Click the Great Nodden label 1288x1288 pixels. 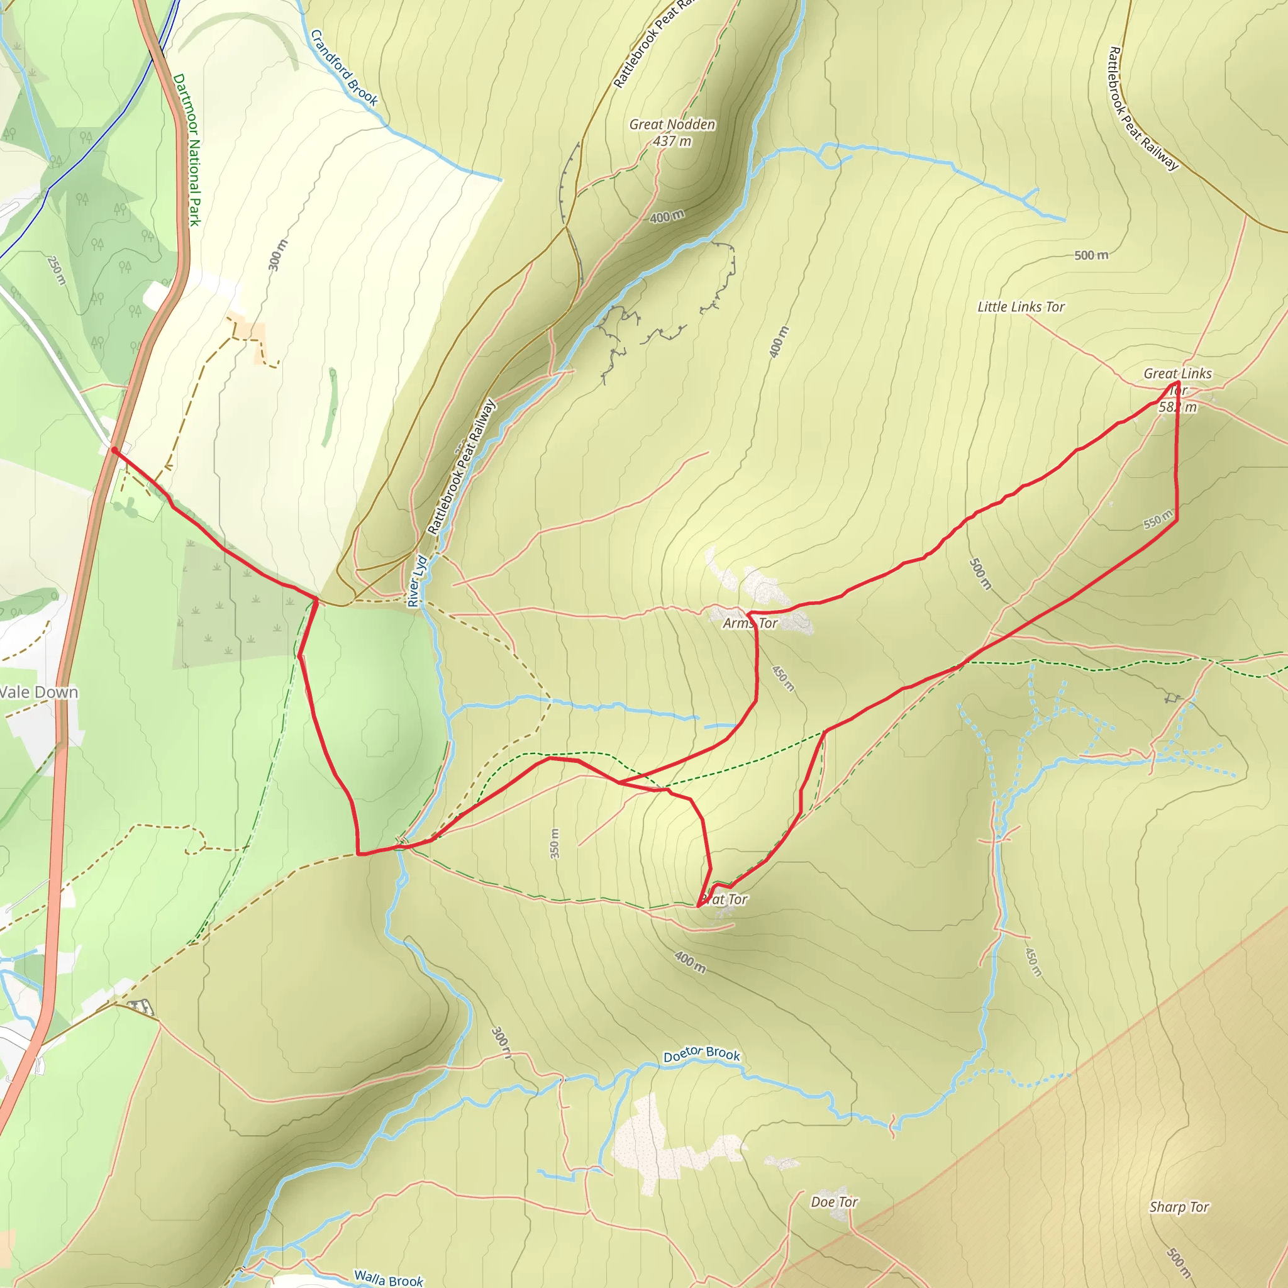pyautogui.click(x=672, y=125)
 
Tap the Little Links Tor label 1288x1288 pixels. pyautogui.click(x=1021, y=307)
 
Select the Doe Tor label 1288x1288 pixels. pyautogui.click(x=834, y=1202)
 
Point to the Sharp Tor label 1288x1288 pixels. pyautogui.click(x=1179, y=1207)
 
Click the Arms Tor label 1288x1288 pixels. pyautogui.click(x=751, y=623)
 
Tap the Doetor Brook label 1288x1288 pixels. pyautogui.click(x=701, y=1054)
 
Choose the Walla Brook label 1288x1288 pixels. pyautogui.click(x=389, y=1278)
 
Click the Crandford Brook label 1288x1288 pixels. pyautogui.click(x=344, y=68)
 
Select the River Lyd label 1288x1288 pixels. pyautogui.click(x=417, y=581)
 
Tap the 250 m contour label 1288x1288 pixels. pyautogui.click(x=57, y=270)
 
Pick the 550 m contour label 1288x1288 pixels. pyautogui.click(x=1158, y=519)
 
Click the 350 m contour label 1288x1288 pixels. pyautogui.click(x=555, y=844)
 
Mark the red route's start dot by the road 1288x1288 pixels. pyautogui.click(x=114, y=451)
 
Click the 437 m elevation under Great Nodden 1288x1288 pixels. pyautogui.click(x=672, y=142)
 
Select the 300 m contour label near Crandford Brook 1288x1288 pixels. pyautogui.click(x=278, y=255)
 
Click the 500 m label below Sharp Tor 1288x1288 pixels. pyautogui.click(x=1178, y=1258)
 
